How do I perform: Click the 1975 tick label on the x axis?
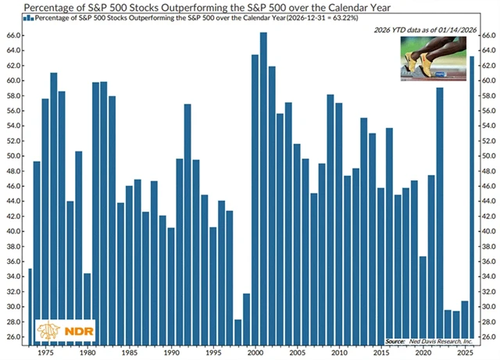coord(47,352)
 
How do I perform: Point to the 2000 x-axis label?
coord(255,352)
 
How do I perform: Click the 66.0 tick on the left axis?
coord(14,36)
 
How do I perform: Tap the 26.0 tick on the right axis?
coord(487,337)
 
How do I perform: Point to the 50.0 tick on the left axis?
coord(14,156)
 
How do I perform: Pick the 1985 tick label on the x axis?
coord(129,352)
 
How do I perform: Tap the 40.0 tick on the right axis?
coord(487,232)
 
